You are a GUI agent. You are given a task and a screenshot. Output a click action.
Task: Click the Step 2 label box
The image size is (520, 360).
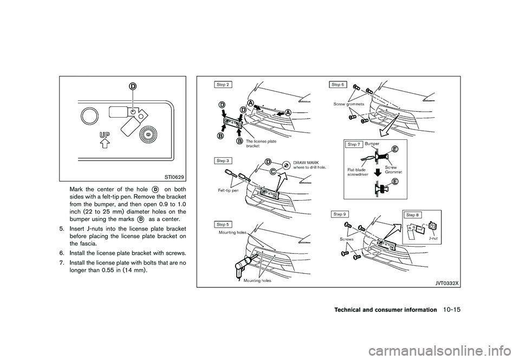click(223, 85)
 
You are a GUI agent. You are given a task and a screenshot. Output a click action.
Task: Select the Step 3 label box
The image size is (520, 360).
click(223, 161)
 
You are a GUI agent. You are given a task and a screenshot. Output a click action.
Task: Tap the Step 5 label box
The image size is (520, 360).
click(223, 224)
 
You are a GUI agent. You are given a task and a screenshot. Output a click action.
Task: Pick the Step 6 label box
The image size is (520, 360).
click(337, 85)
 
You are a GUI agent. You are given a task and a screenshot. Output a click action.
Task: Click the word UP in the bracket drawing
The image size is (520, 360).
click(105, 133)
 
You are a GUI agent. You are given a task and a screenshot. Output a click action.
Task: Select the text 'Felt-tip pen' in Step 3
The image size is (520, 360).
click(229, 190)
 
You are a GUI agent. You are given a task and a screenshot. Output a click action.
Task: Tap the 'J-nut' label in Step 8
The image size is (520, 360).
click(433, 237)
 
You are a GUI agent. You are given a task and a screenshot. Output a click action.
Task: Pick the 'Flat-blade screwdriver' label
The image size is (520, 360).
click(359, 172)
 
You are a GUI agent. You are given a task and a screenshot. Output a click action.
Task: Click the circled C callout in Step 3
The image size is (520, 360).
click(273, 171)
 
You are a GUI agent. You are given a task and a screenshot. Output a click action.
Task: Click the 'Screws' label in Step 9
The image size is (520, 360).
click(348, 239)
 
